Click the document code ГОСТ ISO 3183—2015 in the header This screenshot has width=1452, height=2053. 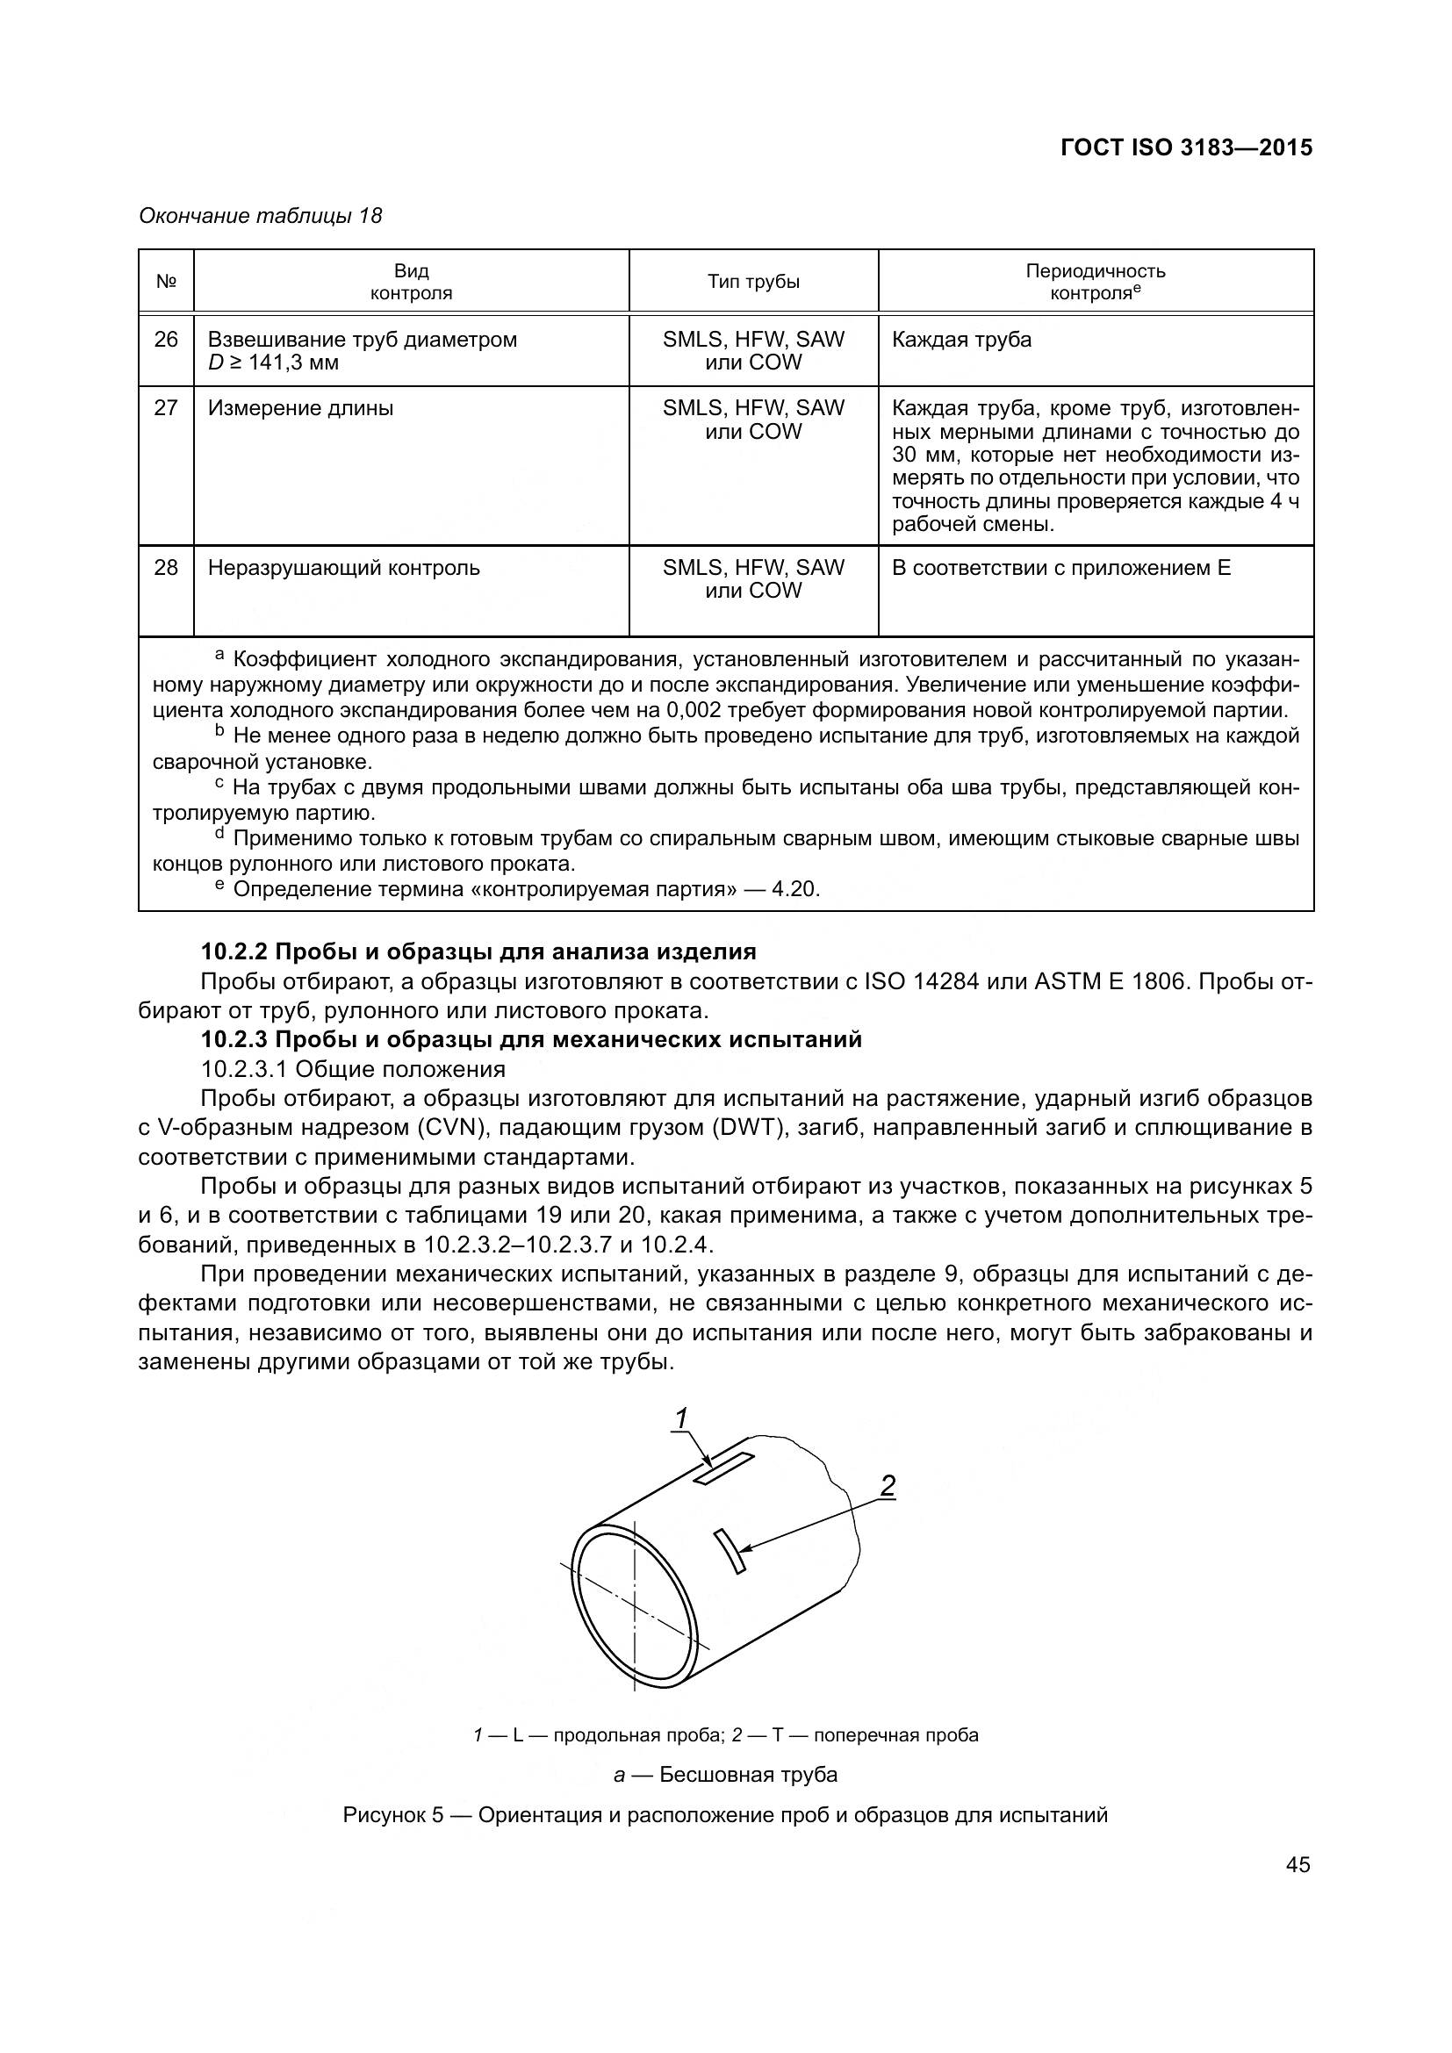(x=1185, y=147)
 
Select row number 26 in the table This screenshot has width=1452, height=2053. (x=166, y=340)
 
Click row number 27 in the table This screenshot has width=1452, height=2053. (x=166, y=409)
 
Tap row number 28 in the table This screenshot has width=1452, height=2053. (x=166, y=568)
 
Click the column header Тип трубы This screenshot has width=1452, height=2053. (x=753, y=282)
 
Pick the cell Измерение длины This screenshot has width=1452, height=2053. (x=300, y=409)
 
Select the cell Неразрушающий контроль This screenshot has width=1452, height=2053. (x=343, y=568)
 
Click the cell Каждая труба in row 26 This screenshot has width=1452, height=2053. (x=961, y=340)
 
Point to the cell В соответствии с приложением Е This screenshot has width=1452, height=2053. (x=1060, y=568)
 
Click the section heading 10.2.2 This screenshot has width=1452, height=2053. (x=478, y=951)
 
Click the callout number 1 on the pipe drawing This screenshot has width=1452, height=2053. (x=681, y=1419)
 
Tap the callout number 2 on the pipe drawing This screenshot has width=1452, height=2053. (x=887, y=1485)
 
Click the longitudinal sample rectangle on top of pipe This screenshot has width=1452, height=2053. (x=723, y=1469)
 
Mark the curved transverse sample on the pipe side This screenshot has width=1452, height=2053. (x=730, y=1550)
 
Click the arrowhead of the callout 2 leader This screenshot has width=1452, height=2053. (x=744, y=1547)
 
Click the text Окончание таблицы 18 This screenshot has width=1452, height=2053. (x=260, y=216)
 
